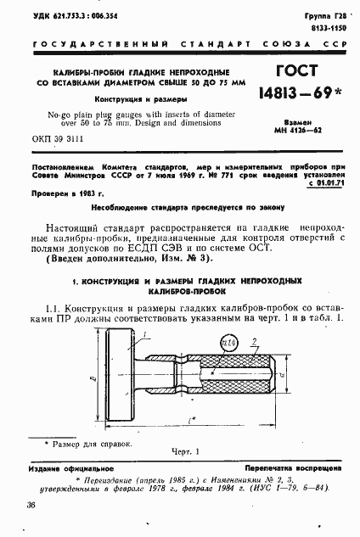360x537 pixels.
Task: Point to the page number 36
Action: point(31,506)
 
